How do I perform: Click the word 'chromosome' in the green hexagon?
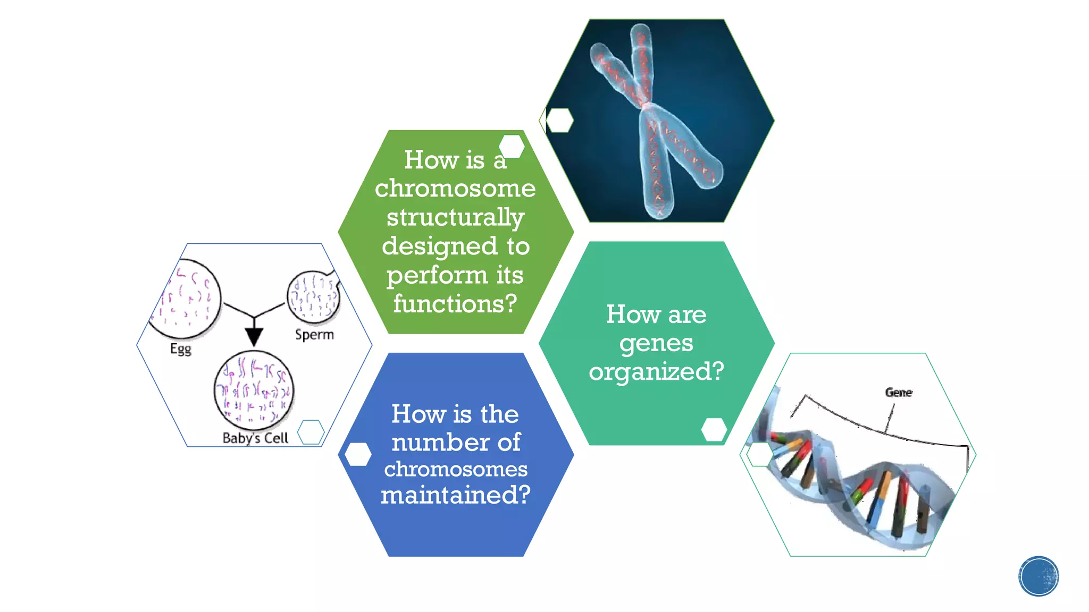pos(455,189)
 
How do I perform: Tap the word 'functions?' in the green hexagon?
pos(455,304)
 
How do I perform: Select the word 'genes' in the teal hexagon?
pos(656,343)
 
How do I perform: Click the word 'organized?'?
pos(656,371)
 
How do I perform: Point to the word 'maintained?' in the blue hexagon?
pos(456,495)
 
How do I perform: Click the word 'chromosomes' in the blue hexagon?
pos(456,469)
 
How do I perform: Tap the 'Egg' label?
pos(181,349)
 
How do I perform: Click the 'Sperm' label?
pos(314,335)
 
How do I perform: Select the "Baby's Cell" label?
pos(255,438)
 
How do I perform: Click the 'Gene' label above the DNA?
pos(899,393)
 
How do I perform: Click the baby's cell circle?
pos(254,391)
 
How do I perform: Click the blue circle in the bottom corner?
pos(1038,576)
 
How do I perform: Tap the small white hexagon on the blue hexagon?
pos(358,454)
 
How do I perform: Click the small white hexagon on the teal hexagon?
pos(714,429)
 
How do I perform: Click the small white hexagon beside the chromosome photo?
pos(559,120)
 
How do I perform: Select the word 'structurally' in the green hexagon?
pos(455,217)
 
